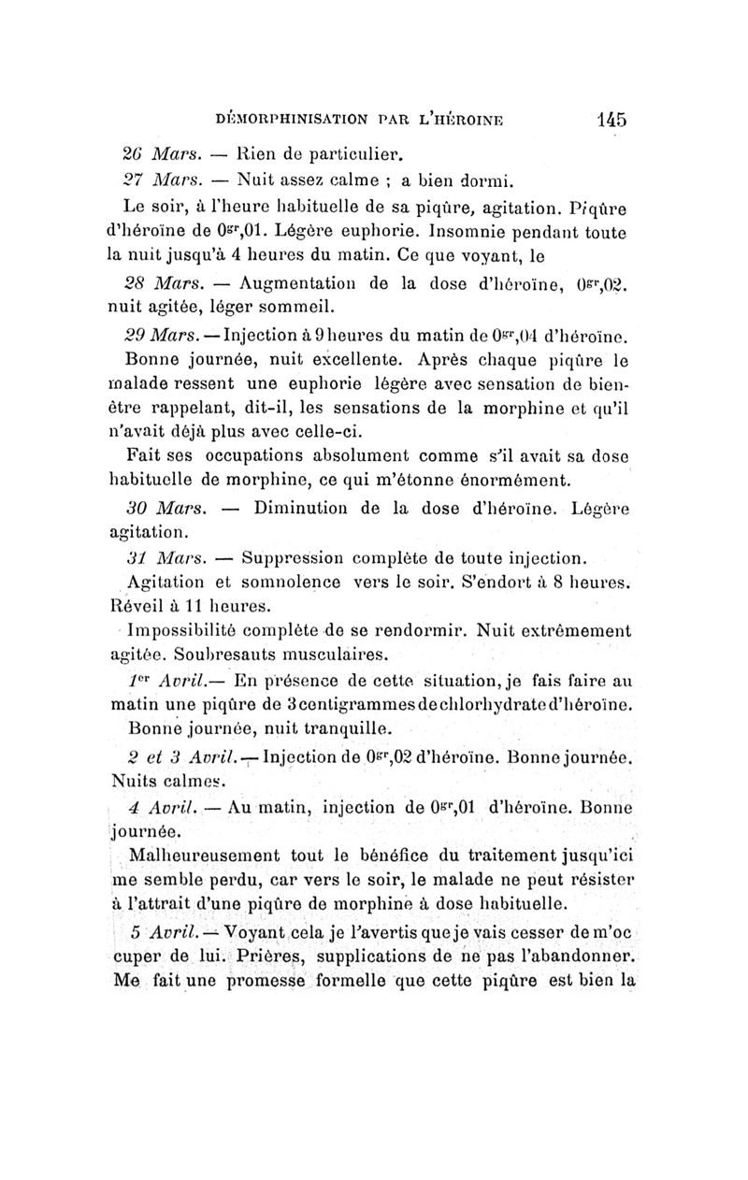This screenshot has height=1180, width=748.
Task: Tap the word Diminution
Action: (x=304, y=511)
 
